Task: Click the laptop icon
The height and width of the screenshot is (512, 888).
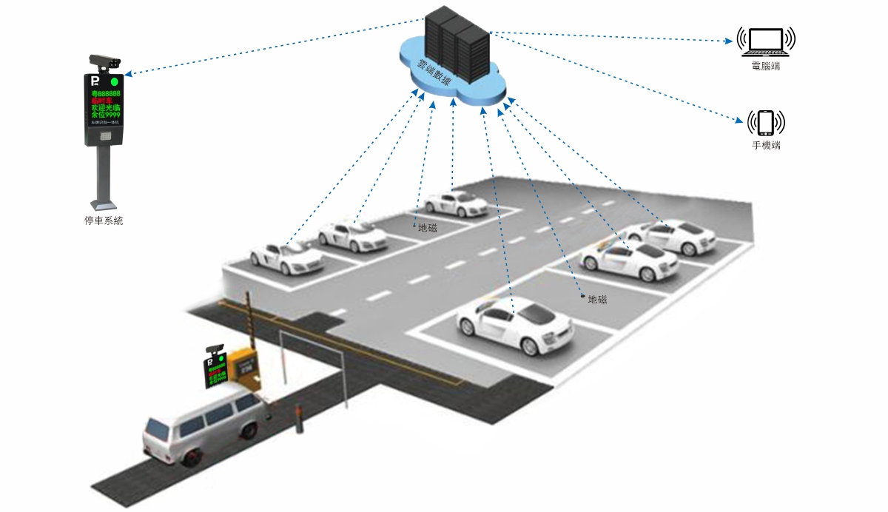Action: pos(766,41)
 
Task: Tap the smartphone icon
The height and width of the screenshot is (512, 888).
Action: pos(766,122)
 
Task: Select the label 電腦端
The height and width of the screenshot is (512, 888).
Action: pos(766,67)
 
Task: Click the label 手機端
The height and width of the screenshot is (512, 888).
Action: pos(766,146)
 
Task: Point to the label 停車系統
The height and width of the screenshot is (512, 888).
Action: pos(104,220)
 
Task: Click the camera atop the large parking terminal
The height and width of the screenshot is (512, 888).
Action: pos(104,61)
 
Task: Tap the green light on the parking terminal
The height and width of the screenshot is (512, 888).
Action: pos(114,81)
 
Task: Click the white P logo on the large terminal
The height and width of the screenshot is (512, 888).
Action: pos(95,80)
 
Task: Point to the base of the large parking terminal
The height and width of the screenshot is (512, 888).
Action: pos(103,203)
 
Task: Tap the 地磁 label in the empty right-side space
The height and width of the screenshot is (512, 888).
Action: pos(597,299)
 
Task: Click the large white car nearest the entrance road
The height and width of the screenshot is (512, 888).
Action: pos(515,325)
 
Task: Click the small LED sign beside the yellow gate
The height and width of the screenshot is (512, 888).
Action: pos(216,369)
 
